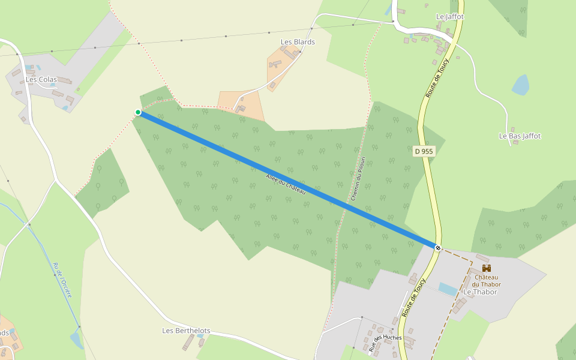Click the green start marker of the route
(x=138, y=112)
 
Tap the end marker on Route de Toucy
(x=439, y=247)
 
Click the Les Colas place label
(x=41, y=79)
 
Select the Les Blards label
(x=298, y=42)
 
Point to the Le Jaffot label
(x=450, y=17)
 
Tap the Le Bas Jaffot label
(x=520, y=136)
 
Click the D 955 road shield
(x=424, y=152)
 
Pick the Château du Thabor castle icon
(x=486, y=268)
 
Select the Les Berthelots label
(x=187, y=331)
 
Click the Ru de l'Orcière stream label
(x=62, y=280)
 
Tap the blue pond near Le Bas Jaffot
(x=521, y=85)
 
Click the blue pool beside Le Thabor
(x=448, y=289)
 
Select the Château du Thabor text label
(x=486, y=280)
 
